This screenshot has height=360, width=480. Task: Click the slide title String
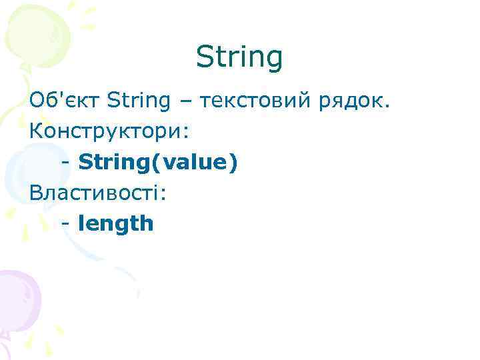click(239, 58)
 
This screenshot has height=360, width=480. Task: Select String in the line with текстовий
click(138, 101)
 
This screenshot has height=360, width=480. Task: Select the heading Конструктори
click(105, 131)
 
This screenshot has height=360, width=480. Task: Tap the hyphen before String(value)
click(65, 163)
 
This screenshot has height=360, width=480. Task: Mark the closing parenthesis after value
click(233, 163)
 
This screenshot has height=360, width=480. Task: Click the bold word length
click(116, 223)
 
